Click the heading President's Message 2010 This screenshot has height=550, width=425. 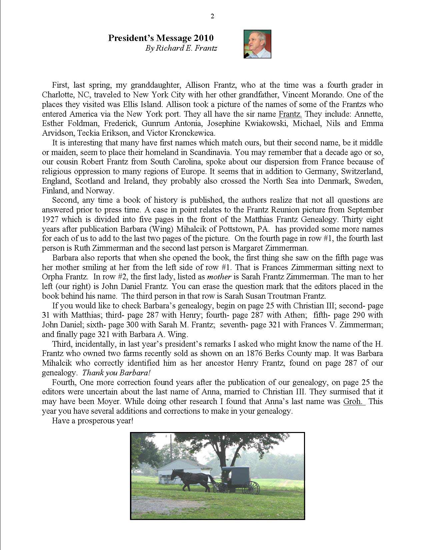click(161, 38)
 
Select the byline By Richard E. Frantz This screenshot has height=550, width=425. click(181, 48)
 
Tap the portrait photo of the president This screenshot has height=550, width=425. click(257, 44)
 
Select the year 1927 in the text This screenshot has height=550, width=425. click(49, 219)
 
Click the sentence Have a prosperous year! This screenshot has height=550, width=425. click(93, 421)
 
